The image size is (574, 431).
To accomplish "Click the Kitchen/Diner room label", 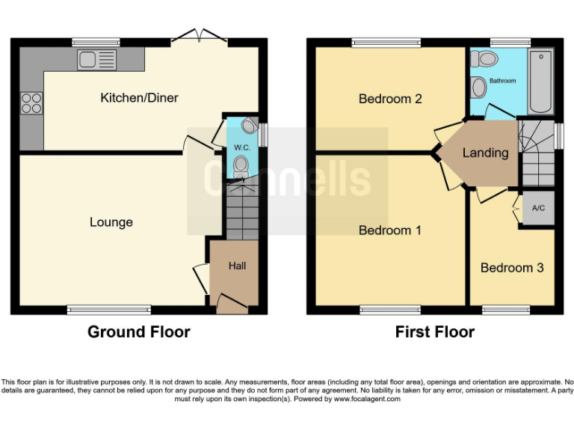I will click(140, 98).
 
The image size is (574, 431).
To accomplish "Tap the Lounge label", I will click(111, 222).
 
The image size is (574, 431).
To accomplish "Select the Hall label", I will click(237, 266).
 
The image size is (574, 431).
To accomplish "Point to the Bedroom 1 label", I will click(389, 230).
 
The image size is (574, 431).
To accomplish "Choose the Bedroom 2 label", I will click(390, 99).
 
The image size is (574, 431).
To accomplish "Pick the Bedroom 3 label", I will click(512, 268).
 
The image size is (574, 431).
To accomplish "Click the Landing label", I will click(485, 153).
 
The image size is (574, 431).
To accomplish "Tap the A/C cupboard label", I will click(538, 209).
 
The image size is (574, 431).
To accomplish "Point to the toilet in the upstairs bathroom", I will click(487, 58).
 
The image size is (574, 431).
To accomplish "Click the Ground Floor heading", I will click(139, 332).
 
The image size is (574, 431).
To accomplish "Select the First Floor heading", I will click(435, 332).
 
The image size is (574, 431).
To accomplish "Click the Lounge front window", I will click(108, 310).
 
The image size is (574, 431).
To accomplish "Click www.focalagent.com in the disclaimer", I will click(367, 400).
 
